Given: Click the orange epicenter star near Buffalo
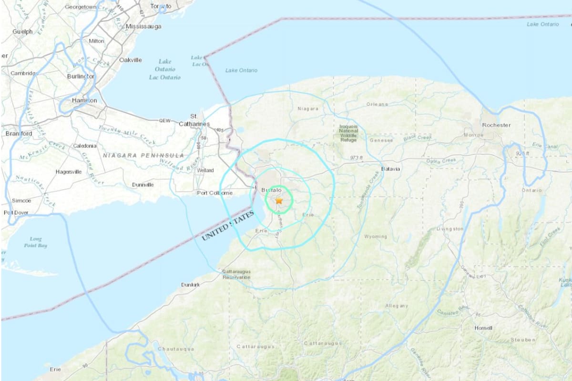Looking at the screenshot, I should click(x=279, y=201).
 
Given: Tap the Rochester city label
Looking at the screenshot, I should click(x=496, y=125).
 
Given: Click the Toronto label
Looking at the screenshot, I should click(x=161, y=6).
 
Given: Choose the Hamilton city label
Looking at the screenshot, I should click(x=84, y=101).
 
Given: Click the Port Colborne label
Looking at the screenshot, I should click(x=214, y=193).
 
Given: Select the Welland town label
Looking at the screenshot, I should click(x=205, y=170).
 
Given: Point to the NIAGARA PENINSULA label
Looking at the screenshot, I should click(x=143, y=156).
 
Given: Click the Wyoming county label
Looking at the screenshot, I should click(x=376, y=237).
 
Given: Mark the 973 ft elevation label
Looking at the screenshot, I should click(x=357, y=158).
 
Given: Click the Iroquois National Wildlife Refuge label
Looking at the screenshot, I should click(x=348, y=133).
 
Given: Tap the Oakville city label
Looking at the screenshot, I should click(x=130, y=60).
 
